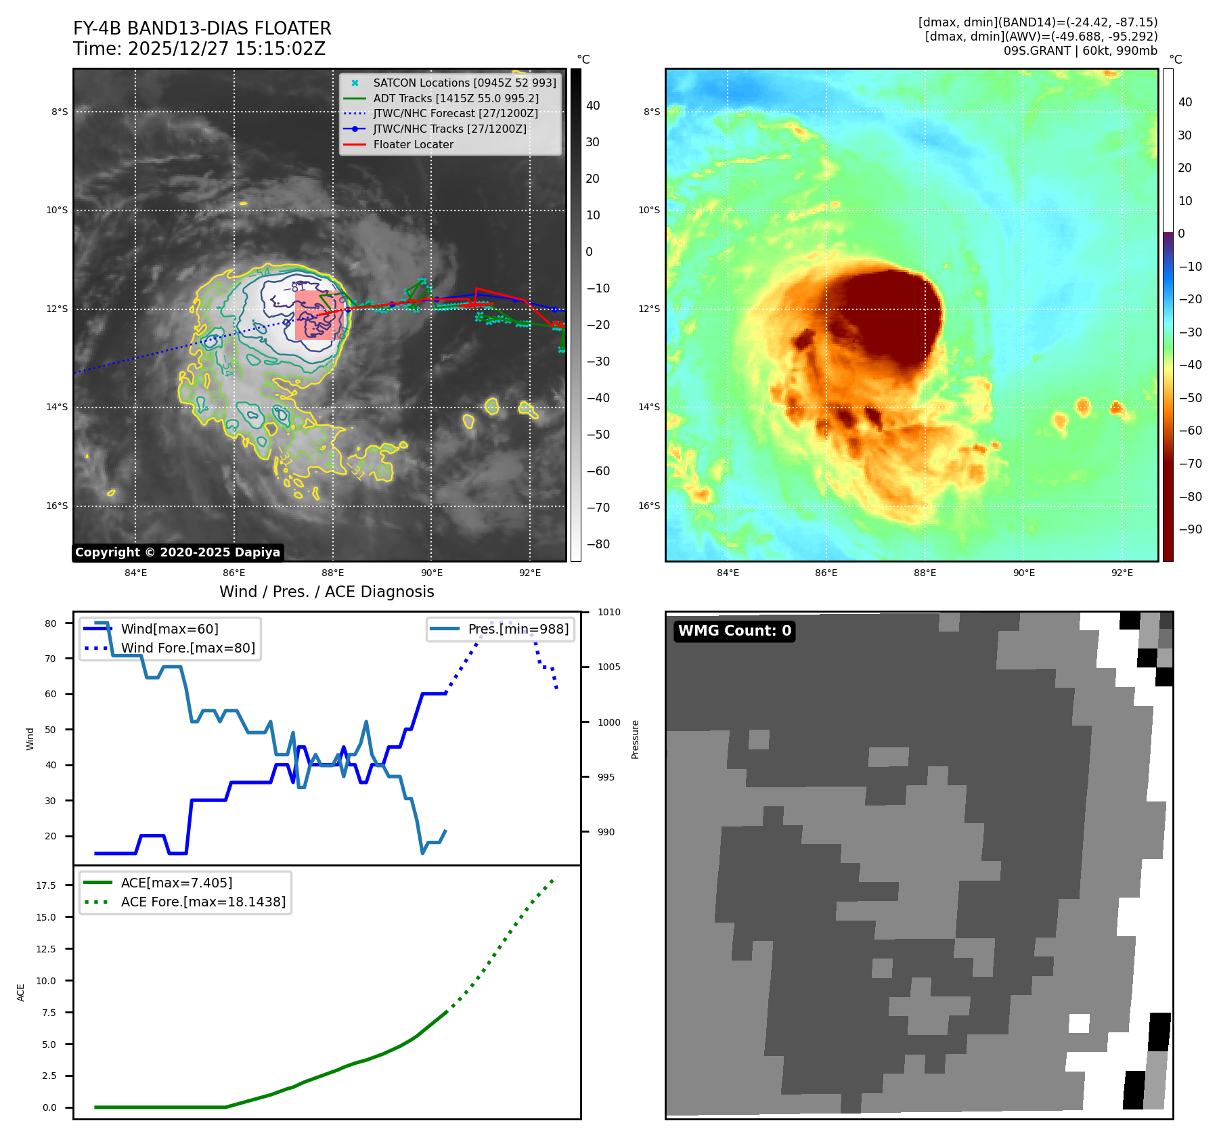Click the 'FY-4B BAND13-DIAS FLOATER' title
click(202, 28)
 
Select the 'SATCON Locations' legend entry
click(464, 83)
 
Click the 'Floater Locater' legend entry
click(413, 144)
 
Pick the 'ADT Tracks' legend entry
click(456, 98)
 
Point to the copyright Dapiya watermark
click(177, 552)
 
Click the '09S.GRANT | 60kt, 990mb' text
click(1080, 51)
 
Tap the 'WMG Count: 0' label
click(734, 631)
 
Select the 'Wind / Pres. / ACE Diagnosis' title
click(326, 592)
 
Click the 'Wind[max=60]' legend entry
click(169, 629)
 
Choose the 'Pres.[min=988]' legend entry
click(518, 629)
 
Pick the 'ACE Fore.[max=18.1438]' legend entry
click(203, 902)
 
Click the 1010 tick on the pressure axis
click(608, 612)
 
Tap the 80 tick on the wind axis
click(51, 623)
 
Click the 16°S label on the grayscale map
click(57, 506)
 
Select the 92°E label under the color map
click(1122, 573)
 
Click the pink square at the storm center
click(317, 315)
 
